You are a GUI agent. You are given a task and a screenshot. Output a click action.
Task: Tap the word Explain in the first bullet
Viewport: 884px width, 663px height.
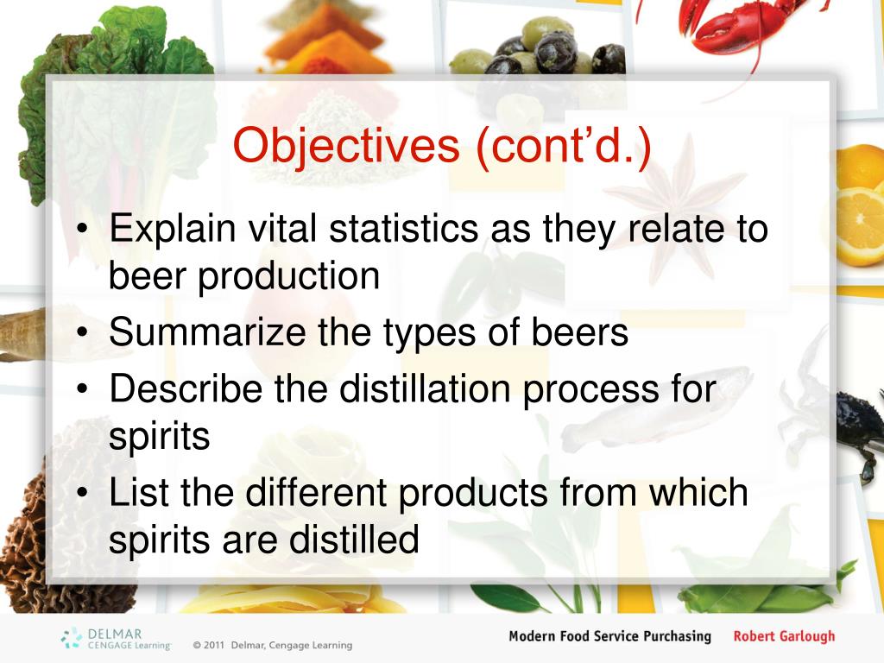coord(173,230)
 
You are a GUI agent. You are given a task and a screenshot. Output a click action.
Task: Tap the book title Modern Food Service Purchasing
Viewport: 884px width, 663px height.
coord(609,637)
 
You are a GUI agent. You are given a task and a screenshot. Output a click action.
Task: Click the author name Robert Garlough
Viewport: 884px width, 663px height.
coord(784,637)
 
